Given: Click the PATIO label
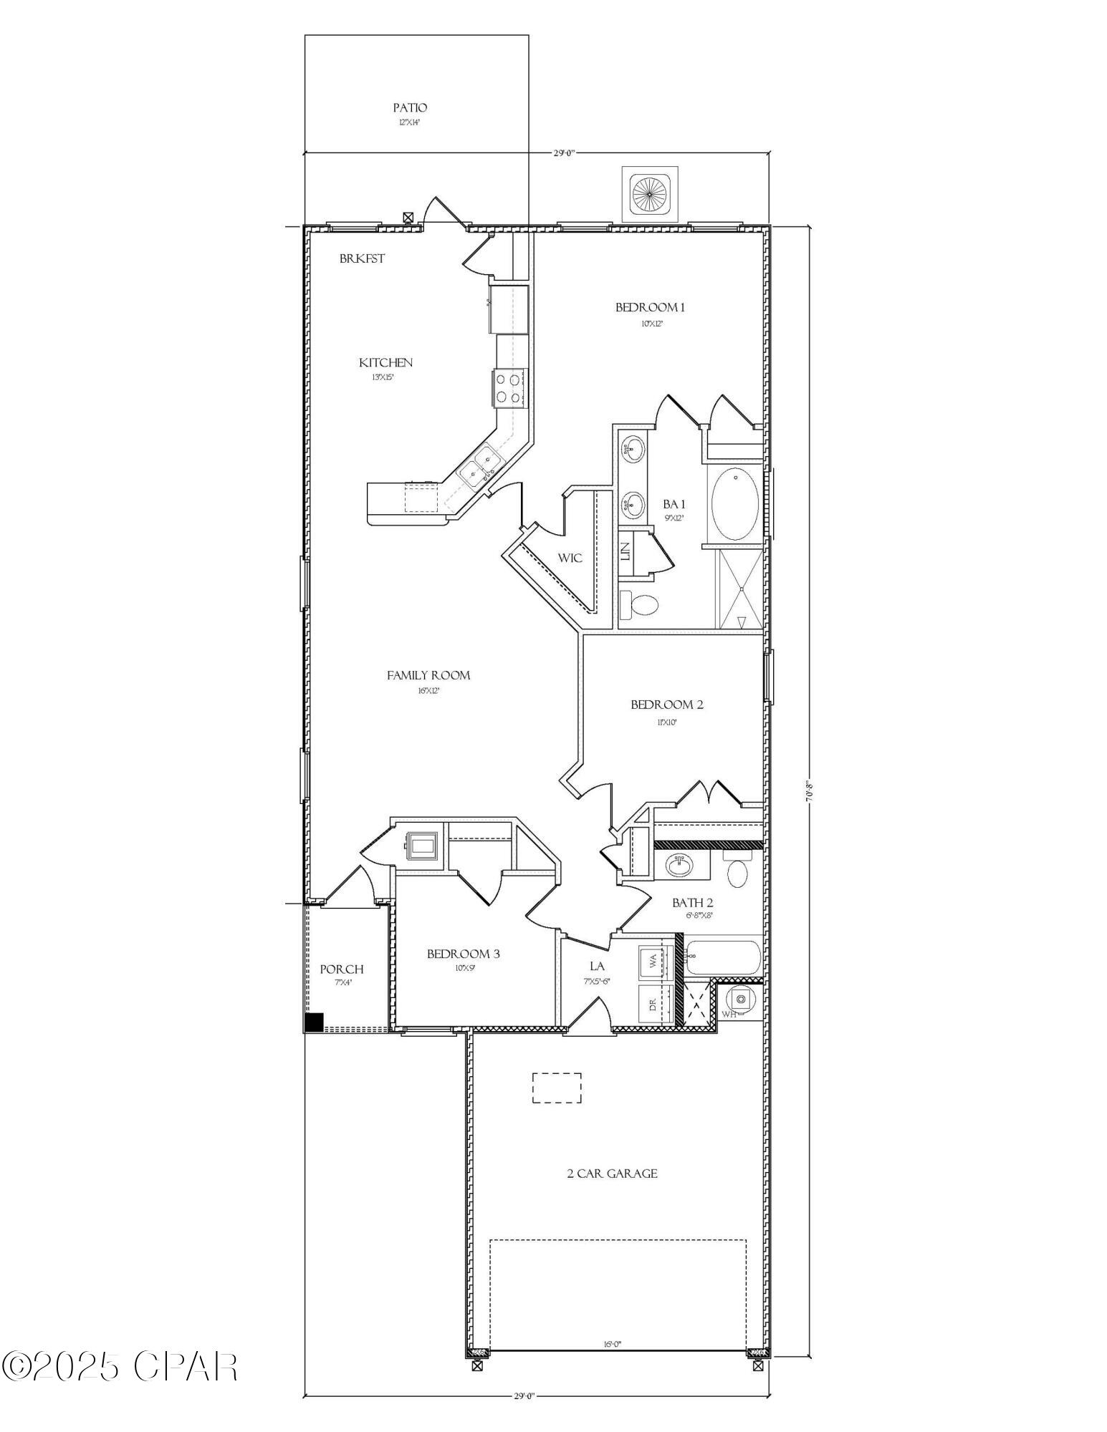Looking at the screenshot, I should (410, 108).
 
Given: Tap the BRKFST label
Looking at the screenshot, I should (362, 258).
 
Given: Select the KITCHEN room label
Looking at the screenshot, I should (385, 363).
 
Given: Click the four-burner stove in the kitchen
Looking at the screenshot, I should (508, 388).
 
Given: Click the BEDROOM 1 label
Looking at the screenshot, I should (650, 308).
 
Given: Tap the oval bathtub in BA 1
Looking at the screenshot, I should (735, 504).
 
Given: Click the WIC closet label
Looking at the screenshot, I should (570, 558).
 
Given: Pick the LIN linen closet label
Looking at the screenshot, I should (625, 551).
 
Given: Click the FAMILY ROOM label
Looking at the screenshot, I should (428, 675).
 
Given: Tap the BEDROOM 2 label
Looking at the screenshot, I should (666, 705).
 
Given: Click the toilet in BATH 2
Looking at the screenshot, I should (737, 871).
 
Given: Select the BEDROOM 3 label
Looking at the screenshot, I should (463, 954).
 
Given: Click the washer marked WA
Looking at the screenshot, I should (654, 962).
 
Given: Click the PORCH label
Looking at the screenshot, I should (341, 969).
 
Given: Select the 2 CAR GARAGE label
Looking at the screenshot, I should (612, 1174).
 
